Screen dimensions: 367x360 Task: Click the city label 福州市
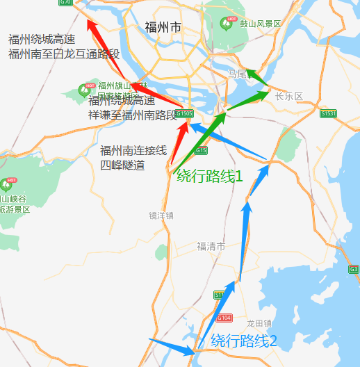[x=162, y=28]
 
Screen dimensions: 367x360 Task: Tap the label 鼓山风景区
[x=260, y=24]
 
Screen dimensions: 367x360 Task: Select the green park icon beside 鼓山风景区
[x=227, y=24]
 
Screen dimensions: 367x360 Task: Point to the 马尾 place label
[x=238, y=74]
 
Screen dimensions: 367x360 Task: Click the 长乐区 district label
[x=290, y=97]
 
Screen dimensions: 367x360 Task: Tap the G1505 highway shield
[x=184, y=113]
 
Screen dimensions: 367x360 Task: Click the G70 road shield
[x=66, y=2]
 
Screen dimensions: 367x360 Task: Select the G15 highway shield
[x=201, y=150]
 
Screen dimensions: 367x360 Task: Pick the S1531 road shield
[x=329, y=113]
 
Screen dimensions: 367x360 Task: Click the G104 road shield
[x=223, y=318]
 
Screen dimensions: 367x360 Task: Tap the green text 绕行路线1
[x=209, y=177]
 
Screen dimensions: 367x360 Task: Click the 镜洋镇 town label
[x=161, y=215]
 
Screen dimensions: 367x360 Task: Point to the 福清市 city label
[x=211, y=247]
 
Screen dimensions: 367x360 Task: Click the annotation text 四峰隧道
[x=122, y=165]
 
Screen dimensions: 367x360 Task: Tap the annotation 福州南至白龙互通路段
[x=64, y=54]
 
